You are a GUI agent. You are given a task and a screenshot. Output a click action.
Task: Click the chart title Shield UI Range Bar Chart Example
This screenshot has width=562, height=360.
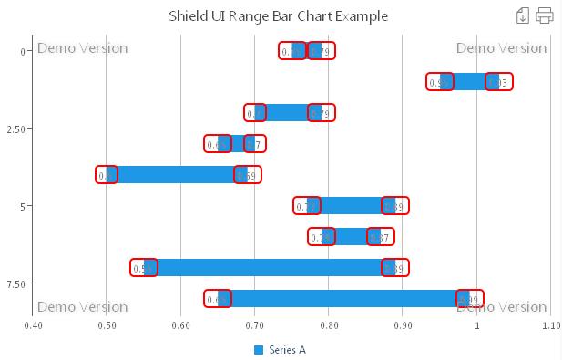[279, 16]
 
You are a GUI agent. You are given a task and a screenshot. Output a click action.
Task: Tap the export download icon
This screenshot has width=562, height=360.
[523, 15]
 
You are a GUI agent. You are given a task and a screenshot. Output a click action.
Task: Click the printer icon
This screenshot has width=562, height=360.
[545, 15]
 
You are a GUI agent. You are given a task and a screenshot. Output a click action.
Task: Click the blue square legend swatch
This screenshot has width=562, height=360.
[259, 350]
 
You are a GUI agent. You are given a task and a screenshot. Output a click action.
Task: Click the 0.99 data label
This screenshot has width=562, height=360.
[470, 299]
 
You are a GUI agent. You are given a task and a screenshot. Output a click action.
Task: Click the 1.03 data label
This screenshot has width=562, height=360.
[499, 82]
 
